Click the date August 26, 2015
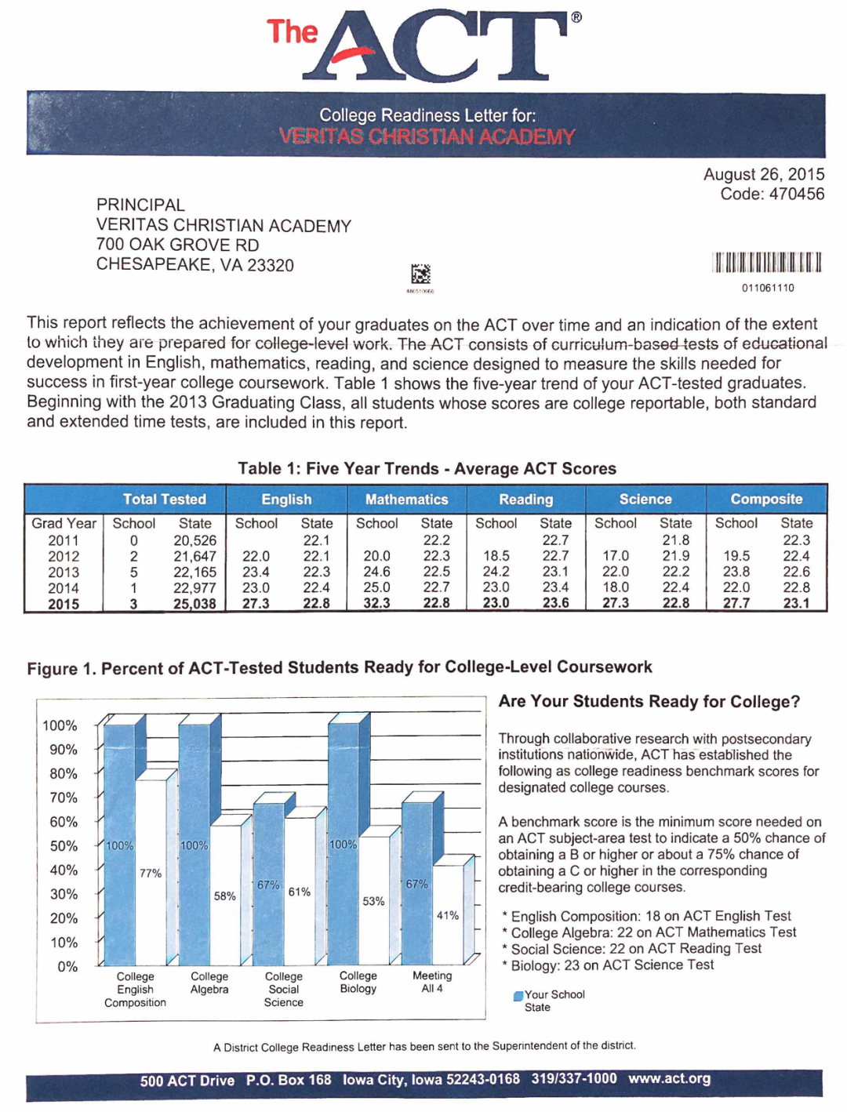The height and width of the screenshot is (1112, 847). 763,174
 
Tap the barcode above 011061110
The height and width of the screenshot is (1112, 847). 766,262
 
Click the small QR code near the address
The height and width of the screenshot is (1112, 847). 420,274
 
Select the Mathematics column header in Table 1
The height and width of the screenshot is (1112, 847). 406,500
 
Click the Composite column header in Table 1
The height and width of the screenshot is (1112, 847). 766,499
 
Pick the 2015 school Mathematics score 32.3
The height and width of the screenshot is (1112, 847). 376,603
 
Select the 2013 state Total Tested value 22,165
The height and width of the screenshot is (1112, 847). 194,572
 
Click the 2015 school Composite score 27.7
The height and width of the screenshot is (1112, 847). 736,603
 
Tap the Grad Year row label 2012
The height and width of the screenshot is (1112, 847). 64,556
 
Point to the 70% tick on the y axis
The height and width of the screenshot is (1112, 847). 64,798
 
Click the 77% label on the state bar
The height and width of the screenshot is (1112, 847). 151,873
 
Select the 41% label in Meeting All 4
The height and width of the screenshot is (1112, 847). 448,915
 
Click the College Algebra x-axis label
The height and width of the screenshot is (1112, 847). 209,983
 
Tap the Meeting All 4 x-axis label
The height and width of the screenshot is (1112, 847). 432,982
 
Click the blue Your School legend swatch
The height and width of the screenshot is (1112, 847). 518,996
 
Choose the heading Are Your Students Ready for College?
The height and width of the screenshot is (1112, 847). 649,701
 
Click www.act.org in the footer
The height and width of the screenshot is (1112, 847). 669,1078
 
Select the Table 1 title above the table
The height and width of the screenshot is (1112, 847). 427,468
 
